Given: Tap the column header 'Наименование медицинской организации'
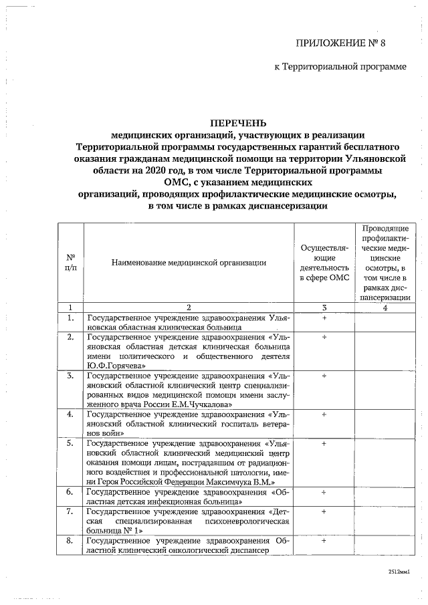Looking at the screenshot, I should [x=189, y=263].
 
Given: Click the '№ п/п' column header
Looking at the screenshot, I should [x=70, y=263].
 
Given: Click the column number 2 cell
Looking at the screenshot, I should [x=189, y=307].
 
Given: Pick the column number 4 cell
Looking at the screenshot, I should [x=385, y=307].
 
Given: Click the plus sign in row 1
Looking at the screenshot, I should [x=324, y=318].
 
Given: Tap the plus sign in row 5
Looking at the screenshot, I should [x=324, y=443].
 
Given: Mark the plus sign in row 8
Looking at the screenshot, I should [x=324, y=541].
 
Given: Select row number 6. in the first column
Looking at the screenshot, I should [x=70, y=492].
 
